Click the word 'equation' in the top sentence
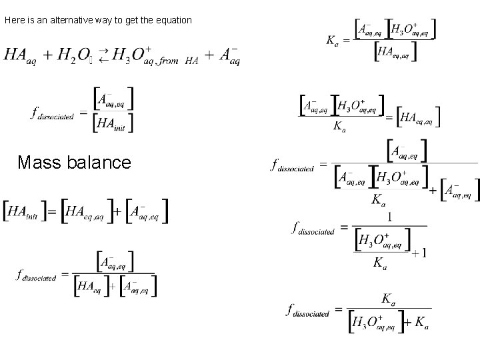click(175, 21)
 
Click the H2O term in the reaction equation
click(74, 56)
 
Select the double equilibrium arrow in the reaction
click(103, 55)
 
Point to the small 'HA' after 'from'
click(192, 61)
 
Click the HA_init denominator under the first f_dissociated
click(115, 122)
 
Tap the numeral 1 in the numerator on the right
click(389, 217)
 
